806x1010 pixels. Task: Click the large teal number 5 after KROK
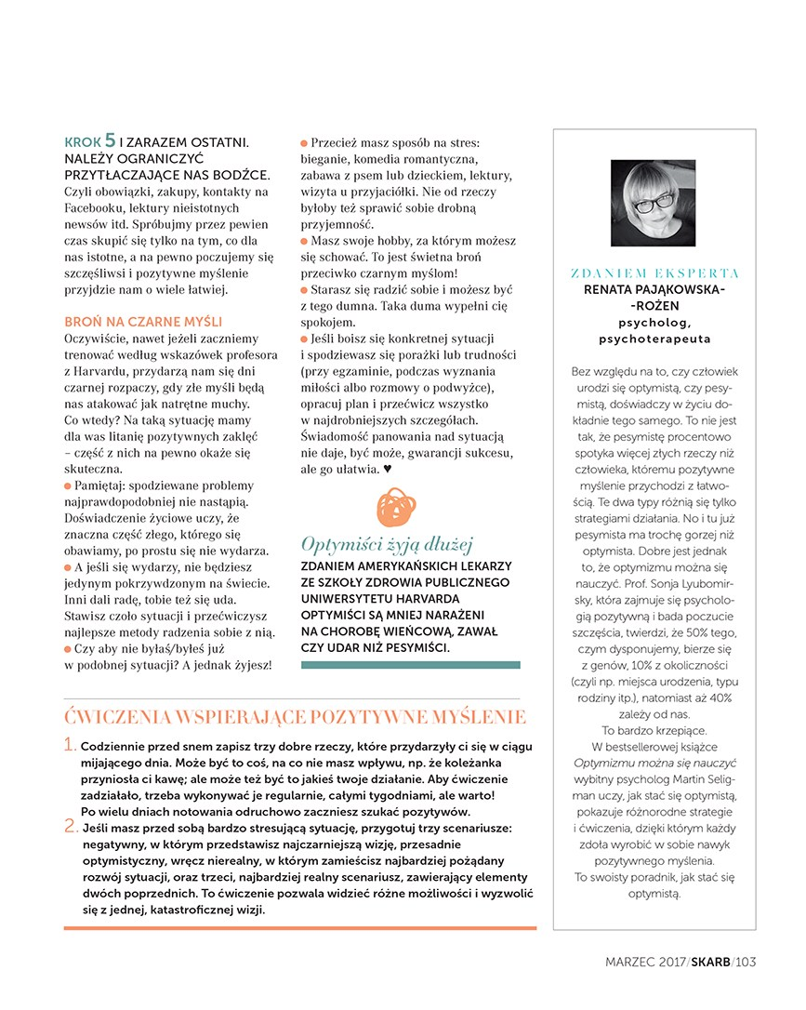[x=110, y=141]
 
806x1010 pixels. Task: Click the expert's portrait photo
[x=654, y=204]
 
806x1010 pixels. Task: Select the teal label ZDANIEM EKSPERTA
[x=654, y=273]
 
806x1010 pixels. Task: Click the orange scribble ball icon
[x=397, y=507]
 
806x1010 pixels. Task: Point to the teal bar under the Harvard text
[x=411, y=665]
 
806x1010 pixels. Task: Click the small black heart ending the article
[x=387, y=471]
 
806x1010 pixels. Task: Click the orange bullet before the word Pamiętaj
[x=67, y=486]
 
